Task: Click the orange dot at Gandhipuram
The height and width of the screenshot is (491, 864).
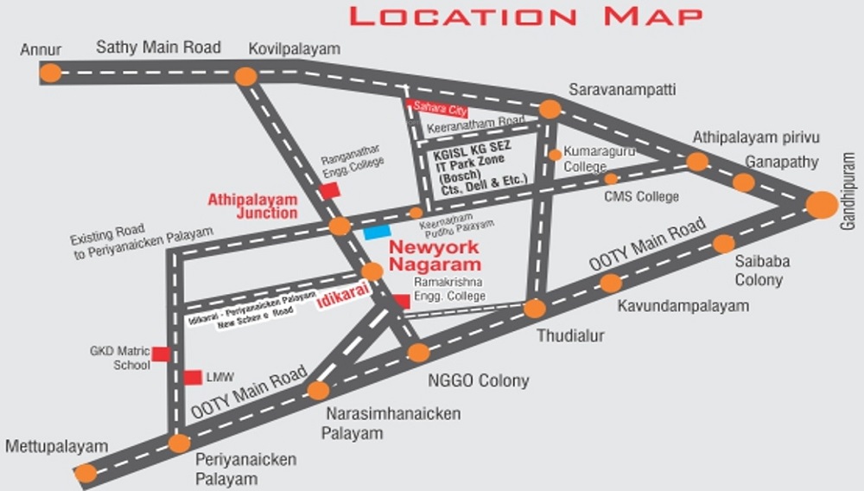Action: coord(822,205)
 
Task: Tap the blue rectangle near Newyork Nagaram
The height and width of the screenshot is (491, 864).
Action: coord(377,232)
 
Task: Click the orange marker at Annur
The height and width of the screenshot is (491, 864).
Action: coord(51,73)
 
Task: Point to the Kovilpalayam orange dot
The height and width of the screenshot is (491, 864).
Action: coord(246,76)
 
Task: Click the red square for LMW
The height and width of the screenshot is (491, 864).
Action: coord(193,378)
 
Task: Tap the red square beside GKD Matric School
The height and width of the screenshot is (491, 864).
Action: coord(161,353)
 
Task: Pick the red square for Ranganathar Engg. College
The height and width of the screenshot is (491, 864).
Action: coord(329,191)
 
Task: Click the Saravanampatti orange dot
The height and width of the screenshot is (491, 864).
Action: coord(550,109)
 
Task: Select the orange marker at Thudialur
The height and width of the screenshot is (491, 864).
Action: coord(535,309)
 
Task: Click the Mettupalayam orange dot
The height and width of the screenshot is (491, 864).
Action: coord(86,473)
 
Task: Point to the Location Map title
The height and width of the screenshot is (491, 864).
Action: coord(524,16)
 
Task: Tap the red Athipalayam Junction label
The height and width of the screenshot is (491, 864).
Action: coord(252,206)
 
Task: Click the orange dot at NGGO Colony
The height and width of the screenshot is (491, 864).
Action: coord(418,352)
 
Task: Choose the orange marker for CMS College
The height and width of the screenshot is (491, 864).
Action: coord(611,178)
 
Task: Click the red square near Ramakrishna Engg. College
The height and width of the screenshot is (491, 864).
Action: coord(402,301)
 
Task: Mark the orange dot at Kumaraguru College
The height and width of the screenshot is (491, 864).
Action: coord(555,155)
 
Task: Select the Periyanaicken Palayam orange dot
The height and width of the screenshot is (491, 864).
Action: coord(179,443)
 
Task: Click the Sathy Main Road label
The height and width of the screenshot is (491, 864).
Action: coord(158,48)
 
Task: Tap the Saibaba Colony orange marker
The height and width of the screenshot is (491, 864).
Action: coord(723,244)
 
